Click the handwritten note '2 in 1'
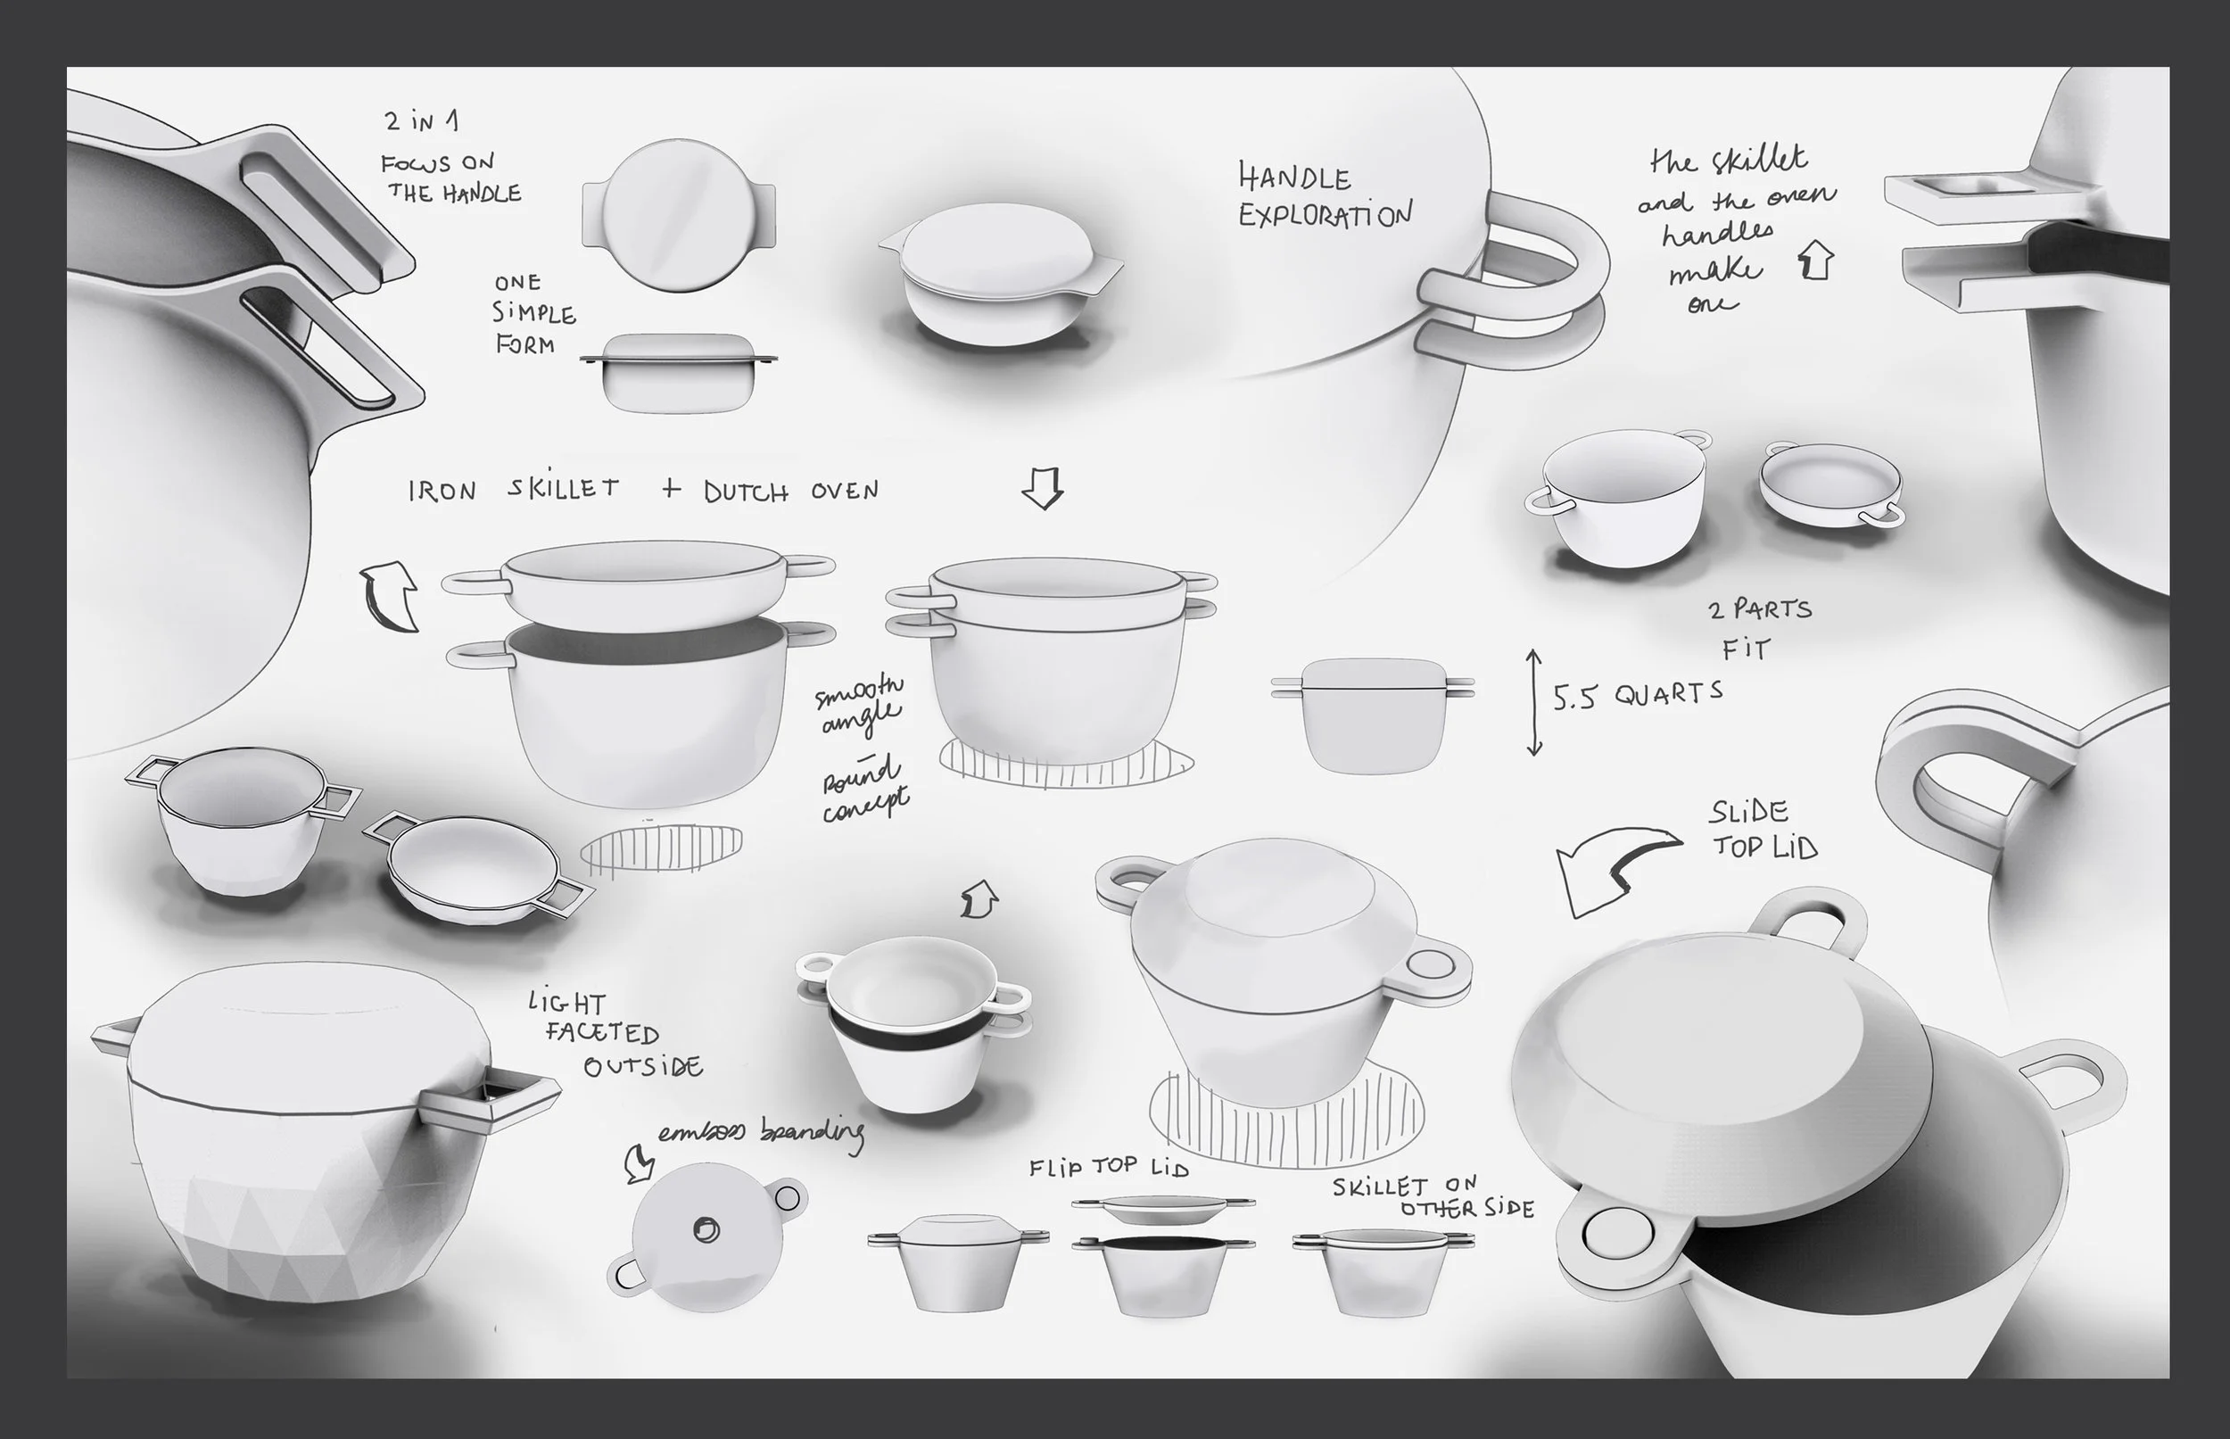tap(420, 121)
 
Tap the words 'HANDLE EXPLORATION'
tap(1324, 195)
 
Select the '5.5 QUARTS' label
tap(1638, 695)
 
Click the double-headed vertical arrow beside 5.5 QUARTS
tap(1533, 702)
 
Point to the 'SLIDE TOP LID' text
tap(1762, 829)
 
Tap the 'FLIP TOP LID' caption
tap(1109, 1167)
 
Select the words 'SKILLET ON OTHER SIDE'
tap(1433, 1197)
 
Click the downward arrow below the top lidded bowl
tap(1042, 488)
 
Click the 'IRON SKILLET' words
tap(513, 490)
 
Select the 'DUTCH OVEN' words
tap(790, 492)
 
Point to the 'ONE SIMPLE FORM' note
tap(534, 314)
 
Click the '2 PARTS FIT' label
tap(1756, 628)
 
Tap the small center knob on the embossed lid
tap(707, 1229)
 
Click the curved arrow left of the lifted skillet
tap(391, 595)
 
